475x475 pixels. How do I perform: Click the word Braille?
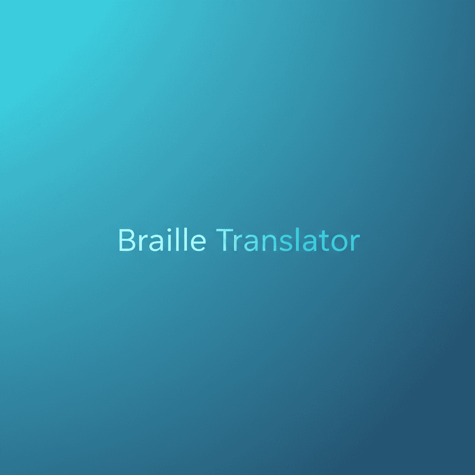coord(162,240)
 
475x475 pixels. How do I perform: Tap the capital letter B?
coord(126,240)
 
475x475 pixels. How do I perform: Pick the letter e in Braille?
coord(198,243)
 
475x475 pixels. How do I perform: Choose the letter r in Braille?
coord(140,243)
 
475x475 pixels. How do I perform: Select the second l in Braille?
coord(185,240)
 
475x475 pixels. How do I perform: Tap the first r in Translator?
coord(237,243)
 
